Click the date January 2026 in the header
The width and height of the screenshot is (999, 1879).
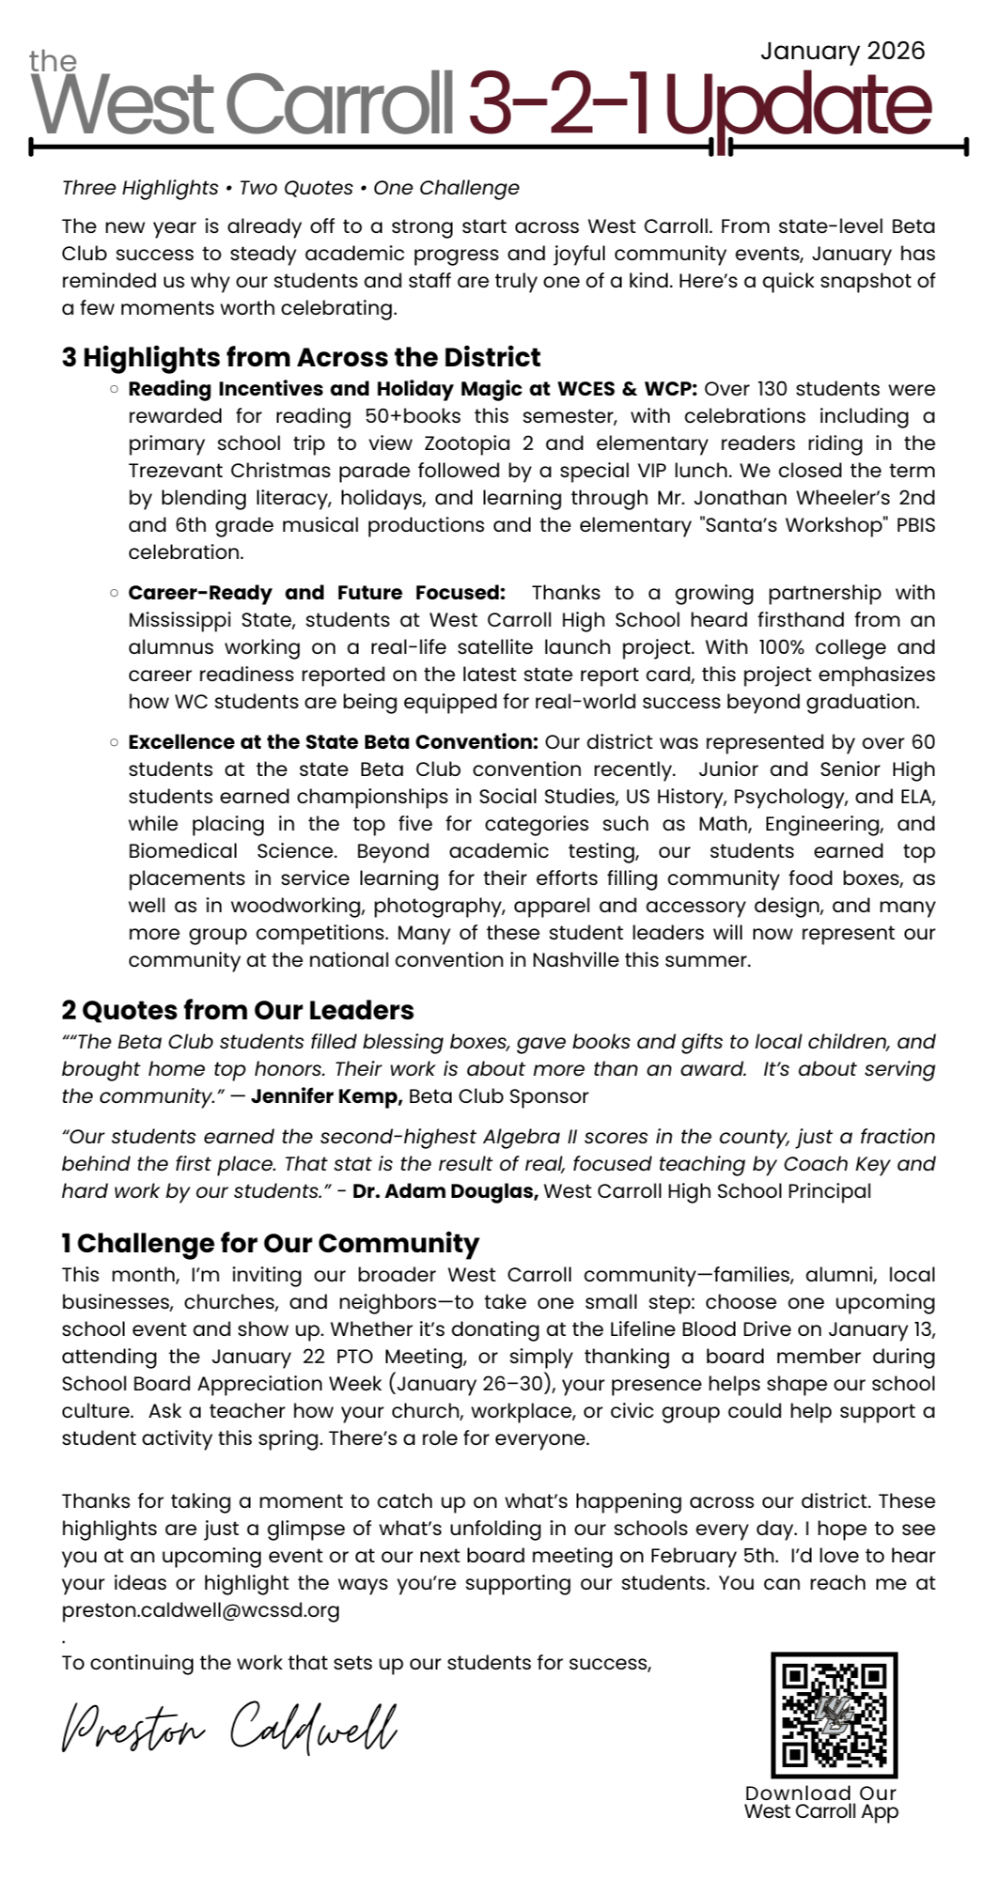pos(842,51)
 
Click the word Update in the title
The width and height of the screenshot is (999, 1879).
pos(799,105)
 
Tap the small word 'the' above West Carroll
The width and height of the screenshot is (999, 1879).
pos(53,62)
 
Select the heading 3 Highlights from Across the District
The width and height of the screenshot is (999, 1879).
pos(301,358)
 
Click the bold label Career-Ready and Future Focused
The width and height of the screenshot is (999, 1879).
pos(316,593)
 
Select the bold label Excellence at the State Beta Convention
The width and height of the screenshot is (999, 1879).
pos(333,742)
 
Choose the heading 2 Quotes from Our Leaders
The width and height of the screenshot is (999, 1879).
pos(238,1011)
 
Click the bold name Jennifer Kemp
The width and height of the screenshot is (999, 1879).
pos(326,1096)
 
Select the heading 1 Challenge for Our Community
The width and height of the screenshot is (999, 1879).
pos(271,1244)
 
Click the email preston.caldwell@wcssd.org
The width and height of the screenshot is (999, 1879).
pos(200,1610)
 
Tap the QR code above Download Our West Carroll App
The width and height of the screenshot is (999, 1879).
pos(835,1716)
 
